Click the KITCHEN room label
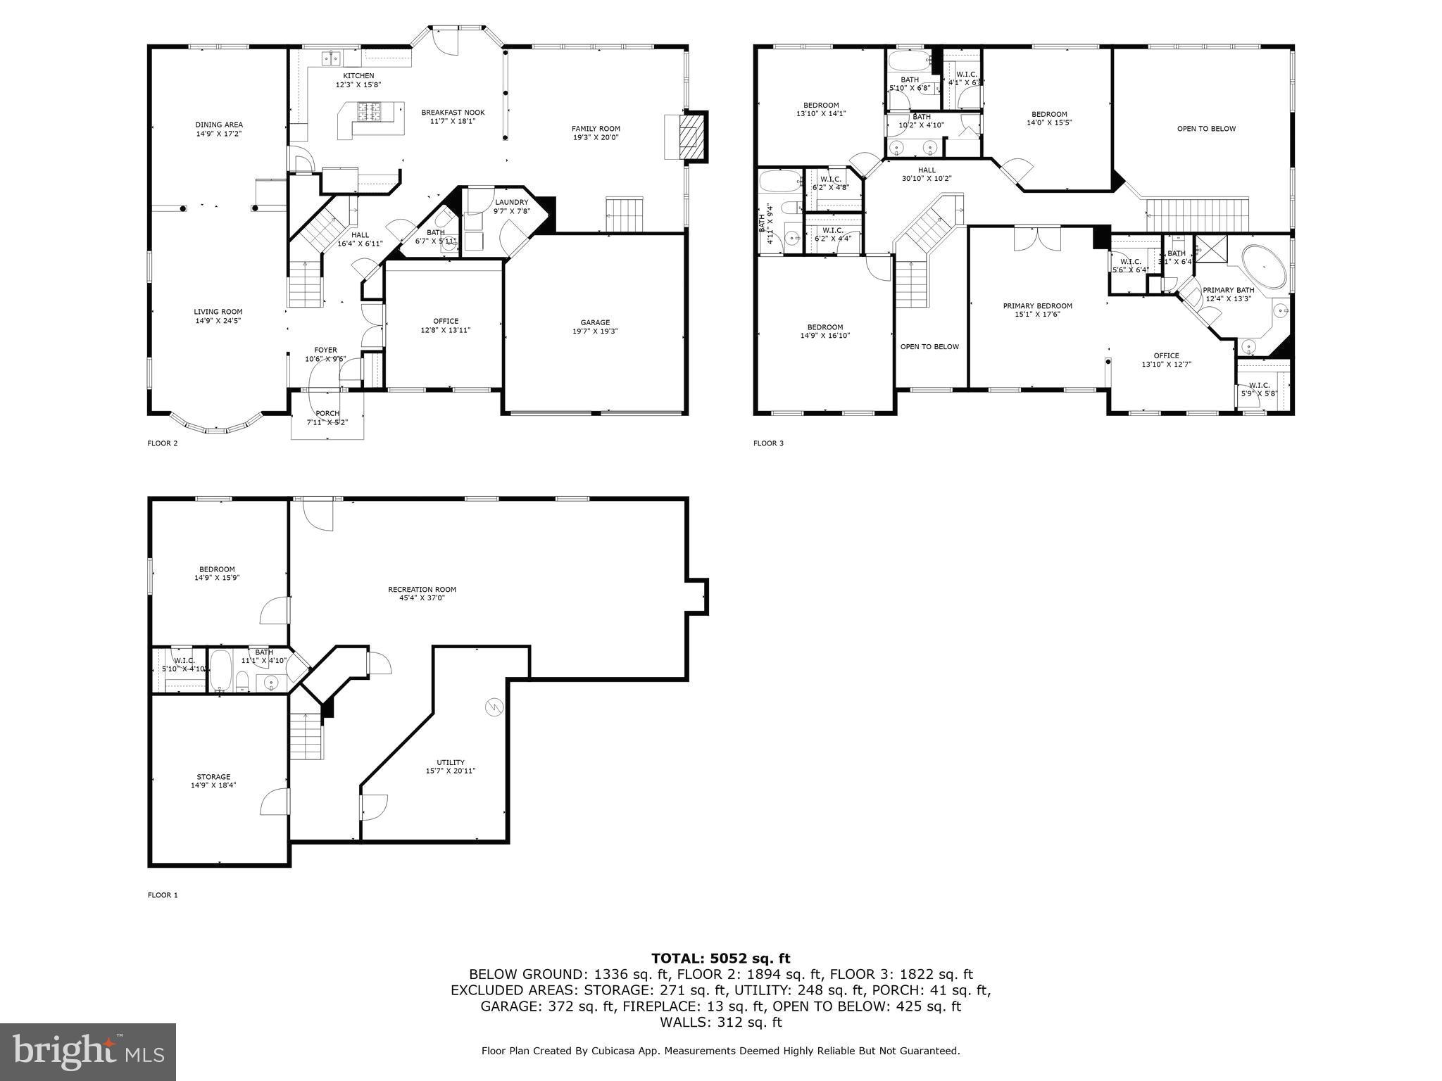pyautogui.click(x=358, y=76)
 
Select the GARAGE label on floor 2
pyautogui.click(x=595, y=322)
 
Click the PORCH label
pyautogui.click(x=327, y=413)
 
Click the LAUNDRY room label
pyautogui.click(x=511, y=203)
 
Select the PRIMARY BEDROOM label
pyautogui.click(x=1037, y=306)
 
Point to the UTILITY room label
pyautogui.click(x=451, y=762)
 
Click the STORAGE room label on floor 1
pyautogui.click(x=213, y=777)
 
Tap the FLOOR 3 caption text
pyautogui.click(x=768, y=443)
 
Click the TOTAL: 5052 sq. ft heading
pyautogui.click(x=720, y=958)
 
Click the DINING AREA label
pyautogui.click(x=219, y=125)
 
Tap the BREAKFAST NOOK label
pyautogui.click(x=453, y=113)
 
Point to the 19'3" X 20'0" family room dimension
pyautogui.click(x=596, y=138)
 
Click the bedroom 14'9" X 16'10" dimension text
pyautogui.click(x=825, y=336)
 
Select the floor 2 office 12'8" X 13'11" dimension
pyautogui.click(x=446, y=330)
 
